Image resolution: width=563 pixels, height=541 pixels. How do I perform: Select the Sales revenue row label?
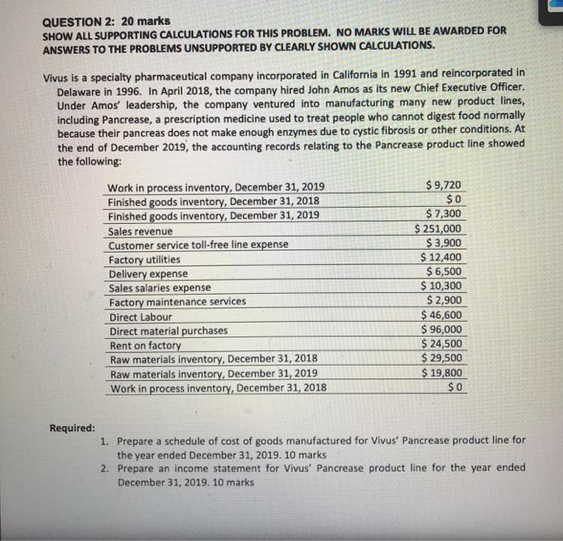click(141, 231)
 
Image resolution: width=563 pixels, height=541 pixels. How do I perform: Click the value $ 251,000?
click(439, 229)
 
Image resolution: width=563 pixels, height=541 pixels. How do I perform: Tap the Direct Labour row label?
click(141, 317)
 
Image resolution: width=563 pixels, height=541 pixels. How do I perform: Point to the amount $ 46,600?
click(442, 315)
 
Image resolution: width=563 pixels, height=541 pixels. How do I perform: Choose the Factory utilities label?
click(145, 259)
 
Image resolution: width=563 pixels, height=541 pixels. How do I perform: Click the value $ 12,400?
click(442, 258)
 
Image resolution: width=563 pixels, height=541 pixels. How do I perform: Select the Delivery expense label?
click(148, 274)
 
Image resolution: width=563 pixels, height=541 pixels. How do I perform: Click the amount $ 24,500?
click(442, 344)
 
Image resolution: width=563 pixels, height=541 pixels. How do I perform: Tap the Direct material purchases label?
click(168, 331)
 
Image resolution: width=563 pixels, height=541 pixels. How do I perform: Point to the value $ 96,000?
click(442, 329)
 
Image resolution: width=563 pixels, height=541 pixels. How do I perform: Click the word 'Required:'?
click(72, 427)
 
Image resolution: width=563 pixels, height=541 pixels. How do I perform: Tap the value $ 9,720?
click(445, 185)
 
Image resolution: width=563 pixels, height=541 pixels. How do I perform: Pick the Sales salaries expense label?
click(160, 288)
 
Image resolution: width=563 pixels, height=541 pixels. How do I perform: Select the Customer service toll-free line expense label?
click(198, 245)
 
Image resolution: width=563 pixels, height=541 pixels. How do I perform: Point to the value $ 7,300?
click(445, 214)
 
